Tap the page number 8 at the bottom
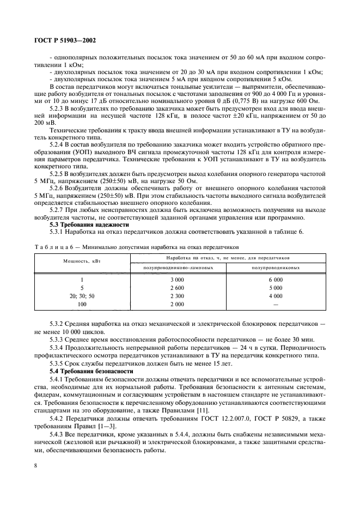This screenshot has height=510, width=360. [x=36, y=465]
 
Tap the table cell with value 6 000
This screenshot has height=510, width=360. [x=275, y=279]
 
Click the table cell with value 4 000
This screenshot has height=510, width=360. [x=275, y=295]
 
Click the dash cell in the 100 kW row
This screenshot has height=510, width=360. [x=275, y=303]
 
